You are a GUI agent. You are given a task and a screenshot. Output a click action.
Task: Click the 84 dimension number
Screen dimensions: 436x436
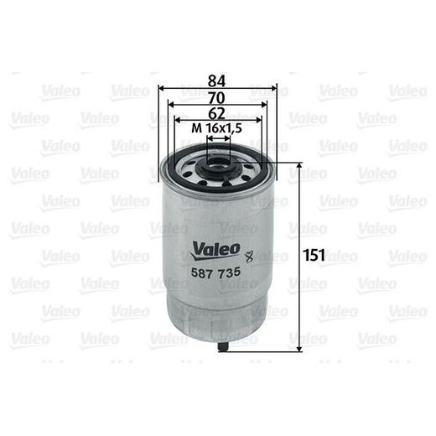point(217,81)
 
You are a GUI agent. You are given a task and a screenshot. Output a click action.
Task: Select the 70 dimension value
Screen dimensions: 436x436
point(217,96)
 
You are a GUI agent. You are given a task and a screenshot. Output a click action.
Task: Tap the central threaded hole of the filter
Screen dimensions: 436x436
point(218,158)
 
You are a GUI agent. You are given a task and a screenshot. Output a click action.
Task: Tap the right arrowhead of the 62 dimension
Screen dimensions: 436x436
point(258,120)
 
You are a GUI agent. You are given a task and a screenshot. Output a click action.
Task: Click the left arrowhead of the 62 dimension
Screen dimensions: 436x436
point(176,120)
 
